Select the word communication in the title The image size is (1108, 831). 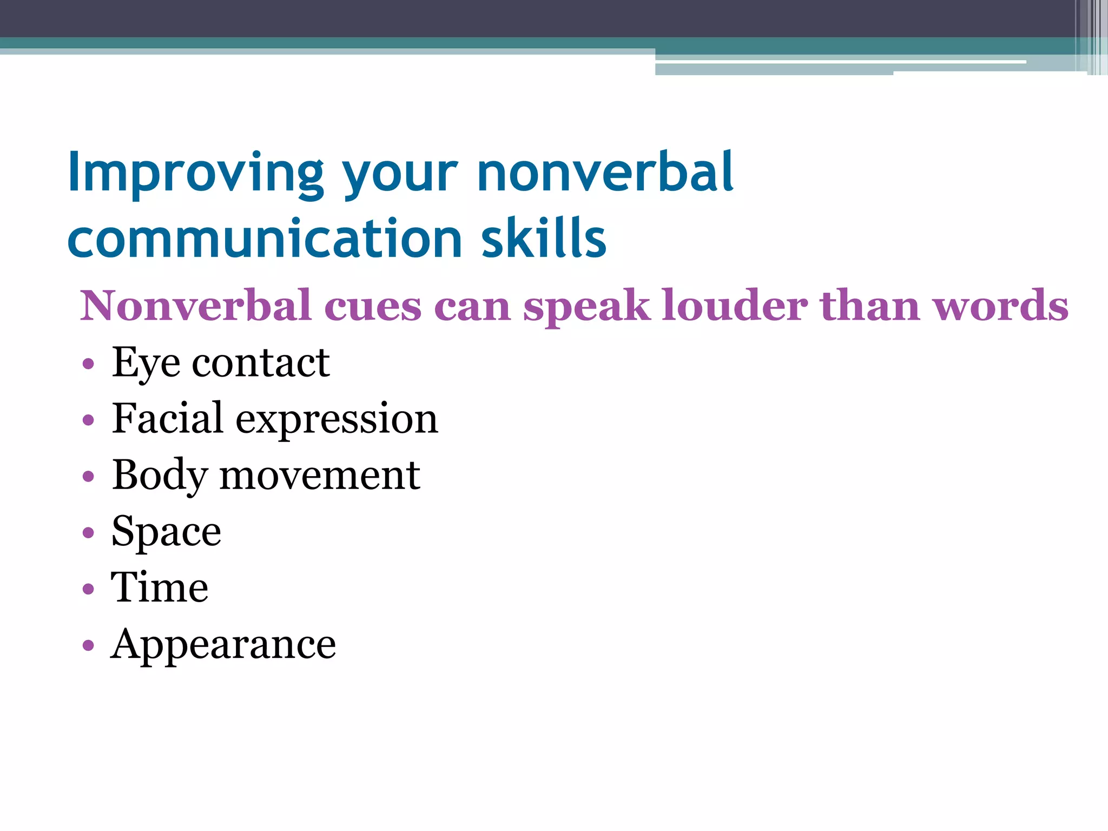click(265, 239)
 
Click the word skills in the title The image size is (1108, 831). click(543, 239)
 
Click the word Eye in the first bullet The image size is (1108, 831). click(146, 362)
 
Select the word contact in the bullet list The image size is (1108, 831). click(261, 362)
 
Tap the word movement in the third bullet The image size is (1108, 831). click(320, 475)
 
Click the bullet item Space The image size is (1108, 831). click(166, 532)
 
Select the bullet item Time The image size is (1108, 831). click(160, 588)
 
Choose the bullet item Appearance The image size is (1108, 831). click(223, 644)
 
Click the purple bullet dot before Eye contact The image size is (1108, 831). click(88, 364)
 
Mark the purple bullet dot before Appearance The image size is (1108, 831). click(88, 645)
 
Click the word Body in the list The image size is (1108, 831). click(160, 475)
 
